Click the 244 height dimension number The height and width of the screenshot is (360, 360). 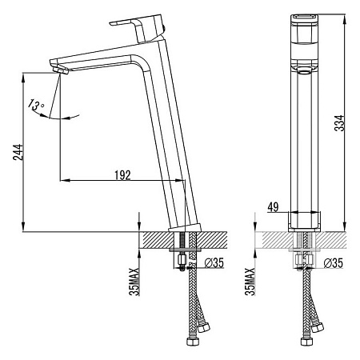tap(18, 152)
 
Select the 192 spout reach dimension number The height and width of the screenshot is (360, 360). tap(122, 175)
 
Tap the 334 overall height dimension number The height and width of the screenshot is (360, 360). tap(339, 123)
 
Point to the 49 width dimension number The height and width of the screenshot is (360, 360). tap(273, 207)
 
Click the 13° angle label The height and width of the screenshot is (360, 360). tap(35, 105)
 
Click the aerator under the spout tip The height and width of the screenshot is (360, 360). tap(61, 70)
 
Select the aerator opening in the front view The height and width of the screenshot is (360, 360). tap(304, 71)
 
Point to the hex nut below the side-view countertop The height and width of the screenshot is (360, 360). tap(182, 258)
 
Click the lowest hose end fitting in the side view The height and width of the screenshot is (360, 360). tap(191, 342)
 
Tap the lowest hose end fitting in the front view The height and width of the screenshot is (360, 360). tap(306, 342)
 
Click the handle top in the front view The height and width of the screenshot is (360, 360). tap(304, 18)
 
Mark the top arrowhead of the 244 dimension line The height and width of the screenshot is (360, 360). tap(23, 77)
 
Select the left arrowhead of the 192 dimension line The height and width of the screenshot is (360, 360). tap(65, 181)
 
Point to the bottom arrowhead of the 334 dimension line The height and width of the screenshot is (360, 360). tap(345, 226)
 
